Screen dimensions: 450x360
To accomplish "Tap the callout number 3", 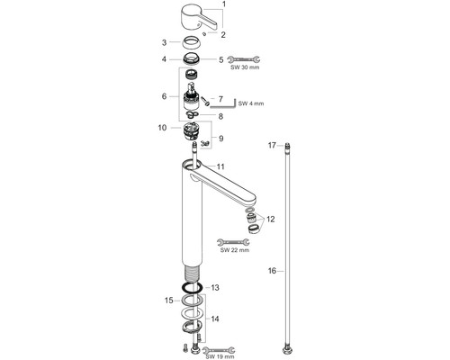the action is click(164, 42).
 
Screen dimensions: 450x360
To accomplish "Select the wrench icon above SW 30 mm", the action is click(244, 59).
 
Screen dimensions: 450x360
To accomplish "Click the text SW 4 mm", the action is click(251, 103).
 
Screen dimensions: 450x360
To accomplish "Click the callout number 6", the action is click(164, 96).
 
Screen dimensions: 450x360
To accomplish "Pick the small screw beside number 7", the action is click(205, 101).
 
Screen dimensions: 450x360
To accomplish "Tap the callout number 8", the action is click(220, 116).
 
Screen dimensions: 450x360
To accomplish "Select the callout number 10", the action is click(162, 128).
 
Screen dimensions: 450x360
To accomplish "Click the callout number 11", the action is click(220, 166).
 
